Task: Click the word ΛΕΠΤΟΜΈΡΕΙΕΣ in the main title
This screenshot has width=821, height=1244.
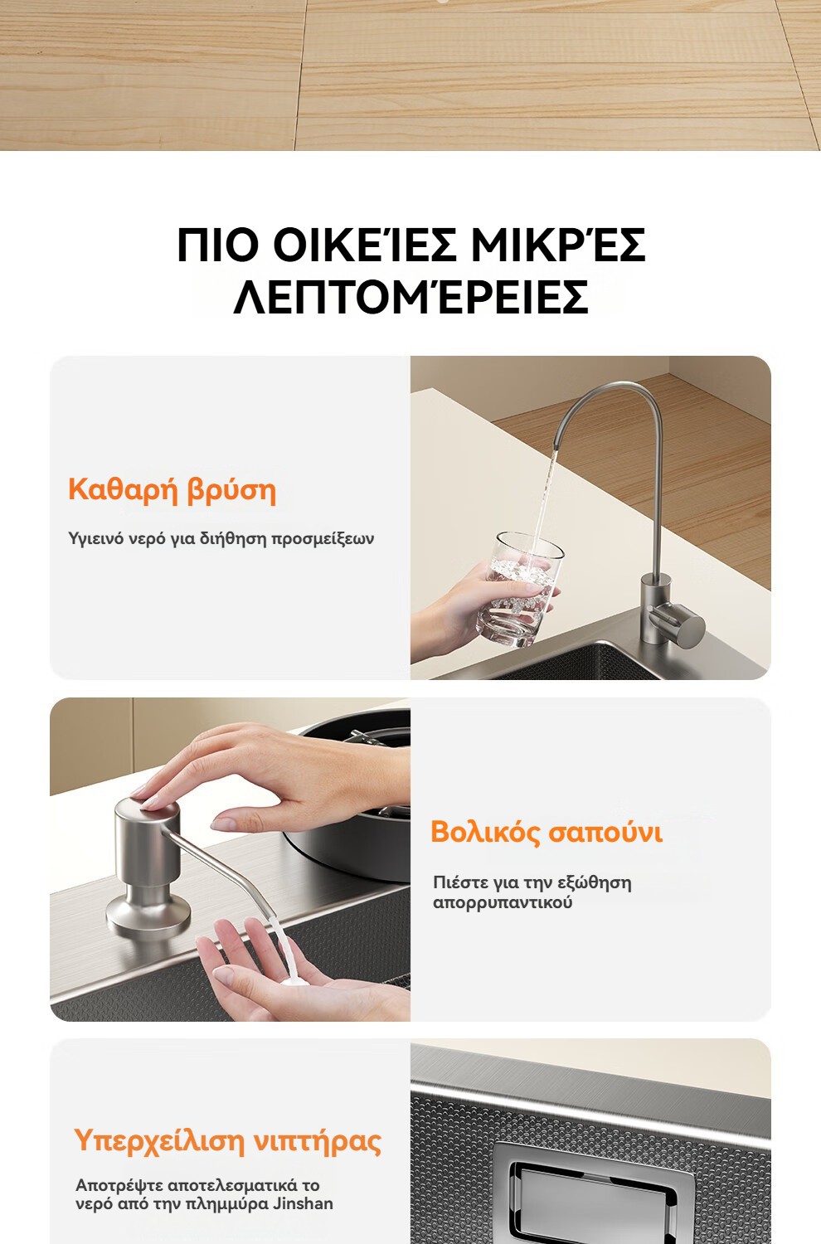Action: [x=410, y=296]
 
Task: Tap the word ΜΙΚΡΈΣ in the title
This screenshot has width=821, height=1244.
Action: [x=558, y=245]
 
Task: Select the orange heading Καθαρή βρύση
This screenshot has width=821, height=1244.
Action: [x=172, y=491]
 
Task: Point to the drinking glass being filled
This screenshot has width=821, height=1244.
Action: [x=519, y=589]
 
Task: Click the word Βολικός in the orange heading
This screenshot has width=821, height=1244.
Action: [x=486, y=832]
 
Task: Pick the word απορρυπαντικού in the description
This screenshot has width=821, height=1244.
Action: [x=503, y=902]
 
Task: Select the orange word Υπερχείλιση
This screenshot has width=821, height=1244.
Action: [x=159, y=1141]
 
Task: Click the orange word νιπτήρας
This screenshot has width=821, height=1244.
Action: [x=318, y=1142]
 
